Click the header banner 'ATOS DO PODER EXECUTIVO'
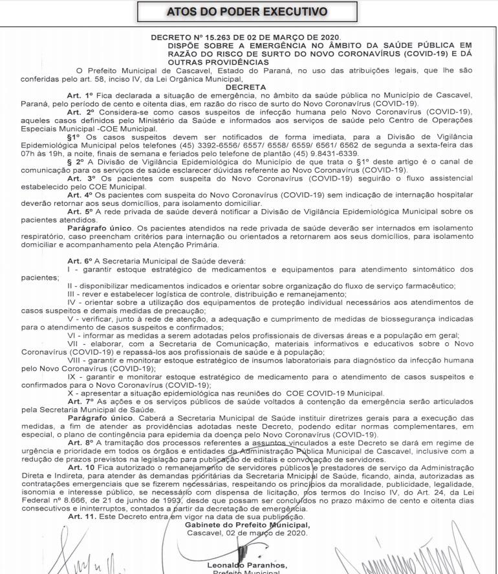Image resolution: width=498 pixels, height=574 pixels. click(247, 12)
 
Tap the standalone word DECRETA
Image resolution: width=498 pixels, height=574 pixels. click(246, 87)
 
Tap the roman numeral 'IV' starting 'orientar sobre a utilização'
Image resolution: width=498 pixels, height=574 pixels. click(72, 302)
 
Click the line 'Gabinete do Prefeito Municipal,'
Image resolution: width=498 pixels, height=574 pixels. click(247, 525)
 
